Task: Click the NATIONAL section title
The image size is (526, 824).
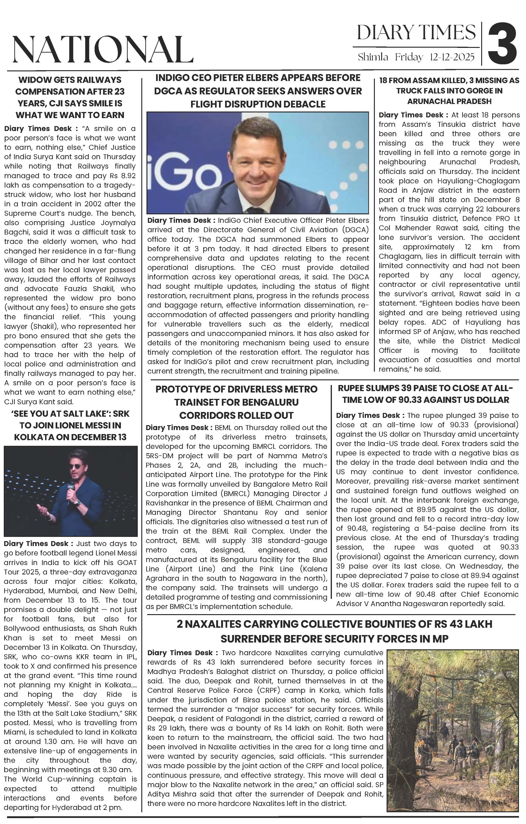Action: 102,50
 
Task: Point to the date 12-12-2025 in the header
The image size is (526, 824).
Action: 452,57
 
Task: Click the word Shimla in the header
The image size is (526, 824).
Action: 373,57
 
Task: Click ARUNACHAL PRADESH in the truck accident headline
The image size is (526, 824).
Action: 449,101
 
